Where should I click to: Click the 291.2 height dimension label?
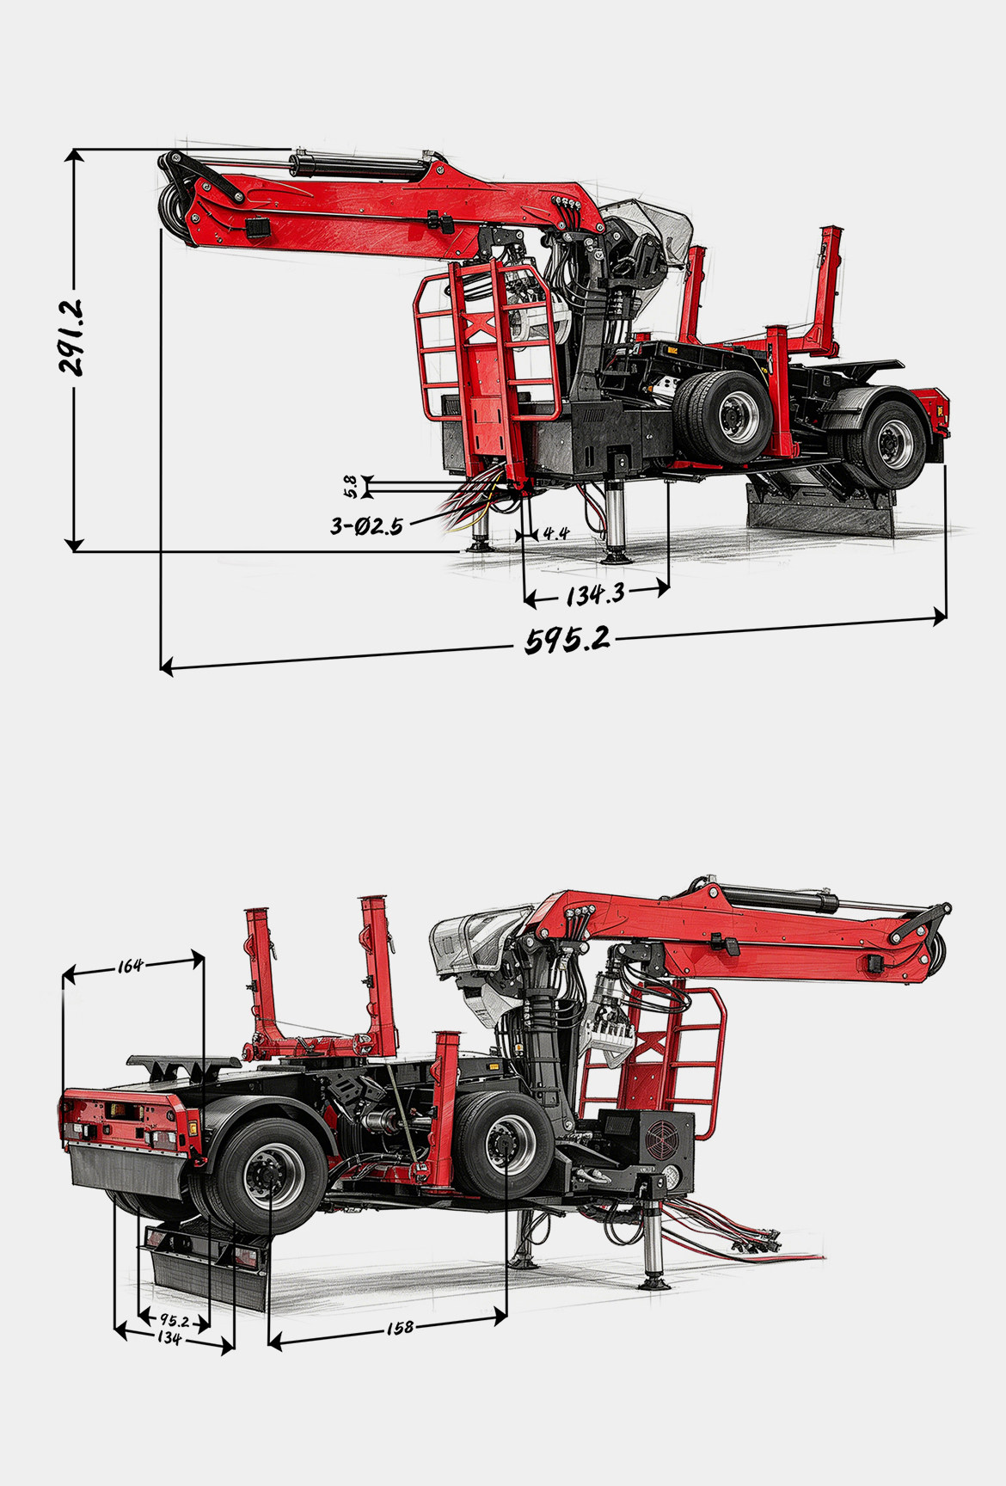click(71, 336)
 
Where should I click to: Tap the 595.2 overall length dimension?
click(567, 640)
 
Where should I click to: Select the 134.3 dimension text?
click(595, 593)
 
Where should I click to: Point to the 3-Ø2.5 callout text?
click(366, 525)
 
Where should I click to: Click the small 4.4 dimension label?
click(556, 533)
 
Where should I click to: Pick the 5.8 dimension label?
click(349, 488)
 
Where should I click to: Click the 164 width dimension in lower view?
click(130, 966)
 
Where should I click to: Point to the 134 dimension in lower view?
click(169, 1339)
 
